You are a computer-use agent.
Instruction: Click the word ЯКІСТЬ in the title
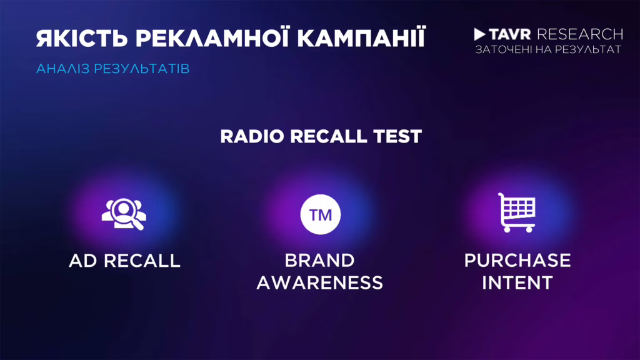pos(82,38)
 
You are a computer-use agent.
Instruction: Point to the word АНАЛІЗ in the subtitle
pos(63,69)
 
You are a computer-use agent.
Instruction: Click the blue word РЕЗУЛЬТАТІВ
pos(142,69)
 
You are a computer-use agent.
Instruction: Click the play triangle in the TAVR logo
pos(479,34)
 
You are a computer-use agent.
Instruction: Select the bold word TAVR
pos(510,34)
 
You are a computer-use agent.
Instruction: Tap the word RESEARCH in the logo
pos(580,34)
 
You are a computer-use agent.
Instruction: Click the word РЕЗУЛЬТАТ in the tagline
pos(587,50)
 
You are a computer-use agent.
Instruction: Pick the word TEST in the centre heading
pos(397,136)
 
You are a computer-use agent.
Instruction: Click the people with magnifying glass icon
pos(124,214)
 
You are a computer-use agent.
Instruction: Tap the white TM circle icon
pos(321,214)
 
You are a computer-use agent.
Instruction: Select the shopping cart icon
pos(517,212)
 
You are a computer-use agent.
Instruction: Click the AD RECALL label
pos(124,261)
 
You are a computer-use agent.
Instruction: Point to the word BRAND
pos(319,261)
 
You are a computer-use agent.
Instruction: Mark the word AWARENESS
pos(319,282)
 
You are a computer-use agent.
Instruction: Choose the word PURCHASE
pos(517,261)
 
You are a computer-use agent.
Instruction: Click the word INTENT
pos(517,282)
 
